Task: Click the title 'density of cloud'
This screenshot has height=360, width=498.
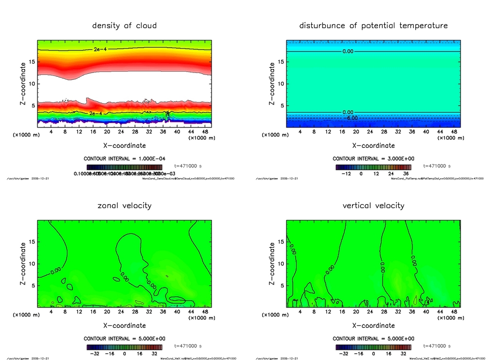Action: (x=124, y=25)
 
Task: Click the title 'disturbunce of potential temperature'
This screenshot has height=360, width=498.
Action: (x=373, y=25)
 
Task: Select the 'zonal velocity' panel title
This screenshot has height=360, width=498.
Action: (x=124, y=205)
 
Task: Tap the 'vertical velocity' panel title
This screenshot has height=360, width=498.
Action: (x=373, y=205)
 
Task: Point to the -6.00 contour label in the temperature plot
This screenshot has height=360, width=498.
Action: (x=351, y=118)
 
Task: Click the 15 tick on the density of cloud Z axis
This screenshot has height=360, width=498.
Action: (x=29, y=62)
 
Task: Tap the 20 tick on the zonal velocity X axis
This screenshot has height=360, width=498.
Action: (x=107, y=312)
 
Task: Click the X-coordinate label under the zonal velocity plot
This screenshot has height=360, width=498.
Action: (x=124, y=325)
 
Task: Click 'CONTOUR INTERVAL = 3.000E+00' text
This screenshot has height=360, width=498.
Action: (x=373, y=159)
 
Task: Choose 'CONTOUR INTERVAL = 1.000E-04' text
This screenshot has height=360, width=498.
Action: (x=124, y=159)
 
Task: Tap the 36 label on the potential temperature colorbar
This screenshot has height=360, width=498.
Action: (x=406, y=173)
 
